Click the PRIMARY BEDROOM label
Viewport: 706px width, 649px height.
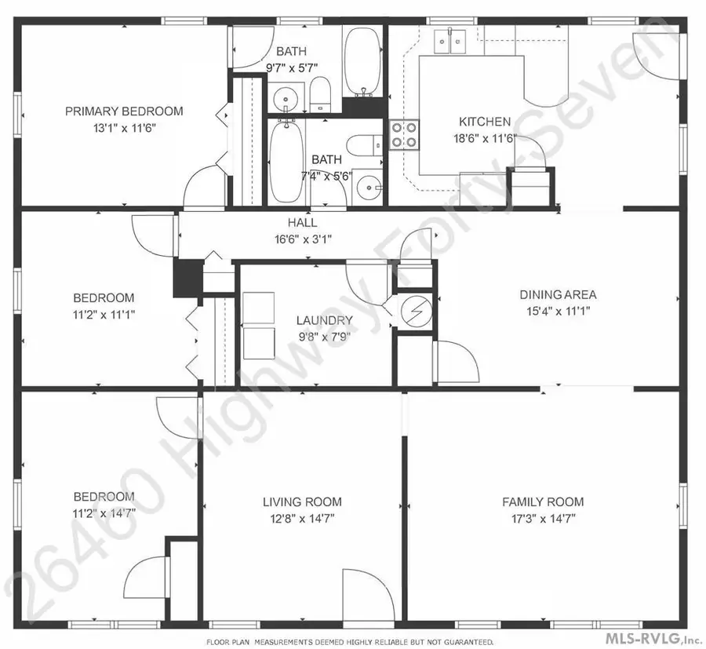124,111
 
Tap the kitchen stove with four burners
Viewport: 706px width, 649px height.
403,134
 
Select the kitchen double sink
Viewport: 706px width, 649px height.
450,42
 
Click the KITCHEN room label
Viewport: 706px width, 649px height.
485,122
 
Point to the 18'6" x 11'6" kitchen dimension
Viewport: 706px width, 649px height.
485,138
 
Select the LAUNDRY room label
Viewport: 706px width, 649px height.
324,320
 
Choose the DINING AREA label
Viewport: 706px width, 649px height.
558,295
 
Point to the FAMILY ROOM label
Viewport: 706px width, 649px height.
544,501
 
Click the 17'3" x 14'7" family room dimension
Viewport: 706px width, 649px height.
544,518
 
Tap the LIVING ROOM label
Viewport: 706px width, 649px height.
302,501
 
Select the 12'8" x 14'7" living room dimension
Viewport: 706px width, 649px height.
302,518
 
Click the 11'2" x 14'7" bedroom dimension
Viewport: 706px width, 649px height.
104,512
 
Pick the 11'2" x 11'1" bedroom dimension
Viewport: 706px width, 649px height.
104,314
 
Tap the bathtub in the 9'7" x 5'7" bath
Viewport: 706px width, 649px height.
362,60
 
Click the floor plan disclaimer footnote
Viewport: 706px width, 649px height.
350,641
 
